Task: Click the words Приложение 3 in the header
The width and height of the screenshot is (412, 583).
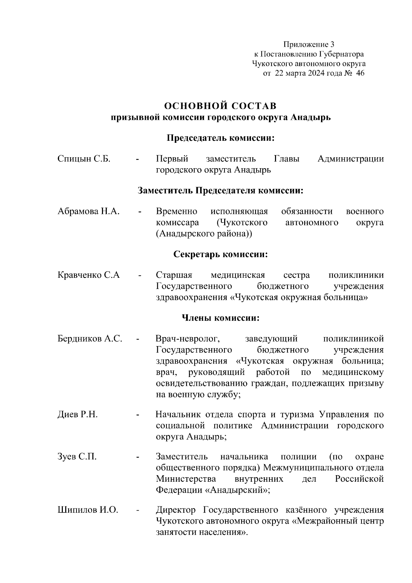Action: tap(309, 44)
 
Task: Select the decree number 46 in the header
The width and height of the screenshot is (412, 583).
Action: tap(360, 73)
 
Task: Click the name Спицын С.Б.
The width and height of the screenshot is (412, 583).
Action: tap(84, 159)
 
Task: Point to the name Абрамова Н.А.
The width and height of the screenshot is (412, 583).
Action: tap(89, 211)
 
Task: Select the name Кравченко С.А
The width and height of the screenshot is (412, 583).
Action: tap(89, 275)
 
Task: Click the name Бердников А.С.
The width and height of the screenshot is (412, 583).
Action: tap(90, 339)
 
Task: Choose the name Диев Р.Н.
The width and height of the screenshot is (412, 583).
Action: tap(78, 415)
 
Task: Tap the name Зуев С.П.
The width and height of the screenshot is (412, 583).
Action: tap(77, 457)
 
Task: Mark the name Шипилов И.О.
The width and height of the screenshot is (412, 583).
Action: tap(88, 510)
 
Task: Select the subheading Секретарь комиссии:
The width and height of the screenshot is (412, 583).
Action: tap(220, 254)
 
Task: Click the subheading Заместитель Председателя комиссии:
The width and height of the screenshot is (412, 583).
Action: tap(220, 191)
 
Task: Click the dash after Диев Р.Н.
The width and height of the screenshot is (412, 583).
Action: tap(138, 415)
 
